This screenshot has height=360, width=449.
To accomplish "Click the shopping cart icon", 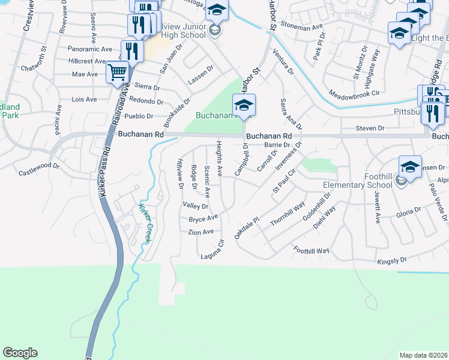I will coord(117,73).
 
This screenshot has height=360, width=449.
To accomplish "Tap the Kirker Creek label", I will coord(146,224).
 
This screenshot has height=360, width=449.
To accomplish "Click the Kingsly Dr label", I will coord(391,261).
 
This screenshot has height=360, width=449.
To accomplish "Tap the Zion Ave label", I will coord(200,232).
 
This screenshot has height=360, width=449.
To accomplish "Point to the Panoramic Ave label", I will coord(91,49).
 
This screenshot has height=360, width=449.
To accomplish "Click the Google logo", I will coord(20,353).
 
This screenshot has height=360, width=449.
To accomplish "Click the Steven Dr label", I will coord(369,128).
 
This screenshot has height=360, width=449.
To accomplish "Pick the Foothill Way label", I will coord(312,250).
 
